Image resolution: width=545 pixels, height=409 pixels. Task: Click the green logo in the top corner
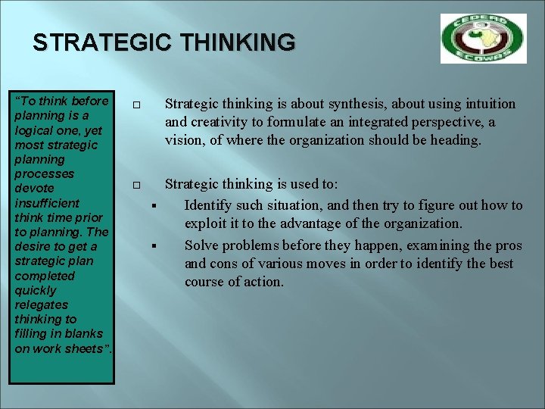pos(483,39)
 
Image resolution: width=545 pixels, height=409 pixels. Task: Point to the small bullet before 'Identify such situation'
pos(153,205)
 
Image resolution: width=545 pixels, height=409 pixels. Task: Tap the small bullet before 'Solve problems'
pos(153,245)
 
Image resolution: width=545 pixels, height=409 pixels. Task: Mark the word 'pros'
pos(507,245)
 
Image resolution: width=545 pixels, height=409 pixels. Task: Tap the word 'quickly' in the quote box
pos(35,290)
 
